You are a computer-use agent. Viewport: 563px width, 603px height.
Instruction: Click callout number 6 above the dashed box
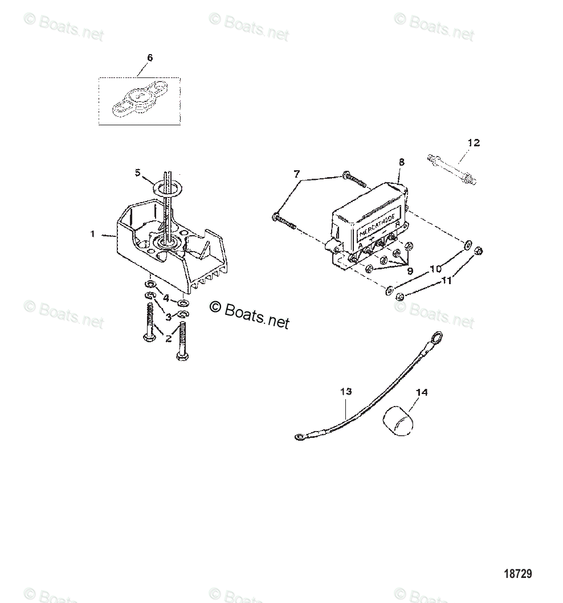point(150,58)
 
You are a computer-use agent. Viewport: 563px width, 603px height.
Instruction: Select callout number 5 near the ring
point(137,171)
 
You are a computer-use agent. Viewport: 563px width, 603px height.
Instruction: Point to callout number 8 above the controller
point(401,162)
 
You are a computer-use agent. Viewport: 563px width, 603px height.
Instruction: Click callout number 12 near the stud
point(474,142)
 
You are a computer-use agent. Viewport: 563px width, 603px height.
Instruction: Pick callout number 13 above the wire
point(346,392)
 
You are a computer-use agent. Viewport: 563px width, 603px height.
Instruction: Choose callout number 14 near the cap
point(422,392)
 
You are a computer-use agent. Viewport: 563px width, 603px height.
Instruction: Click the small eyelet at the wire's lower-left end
point(299,437)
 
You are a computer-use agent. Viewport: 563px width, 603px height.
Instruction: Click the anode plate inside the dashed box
point(139,101)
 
